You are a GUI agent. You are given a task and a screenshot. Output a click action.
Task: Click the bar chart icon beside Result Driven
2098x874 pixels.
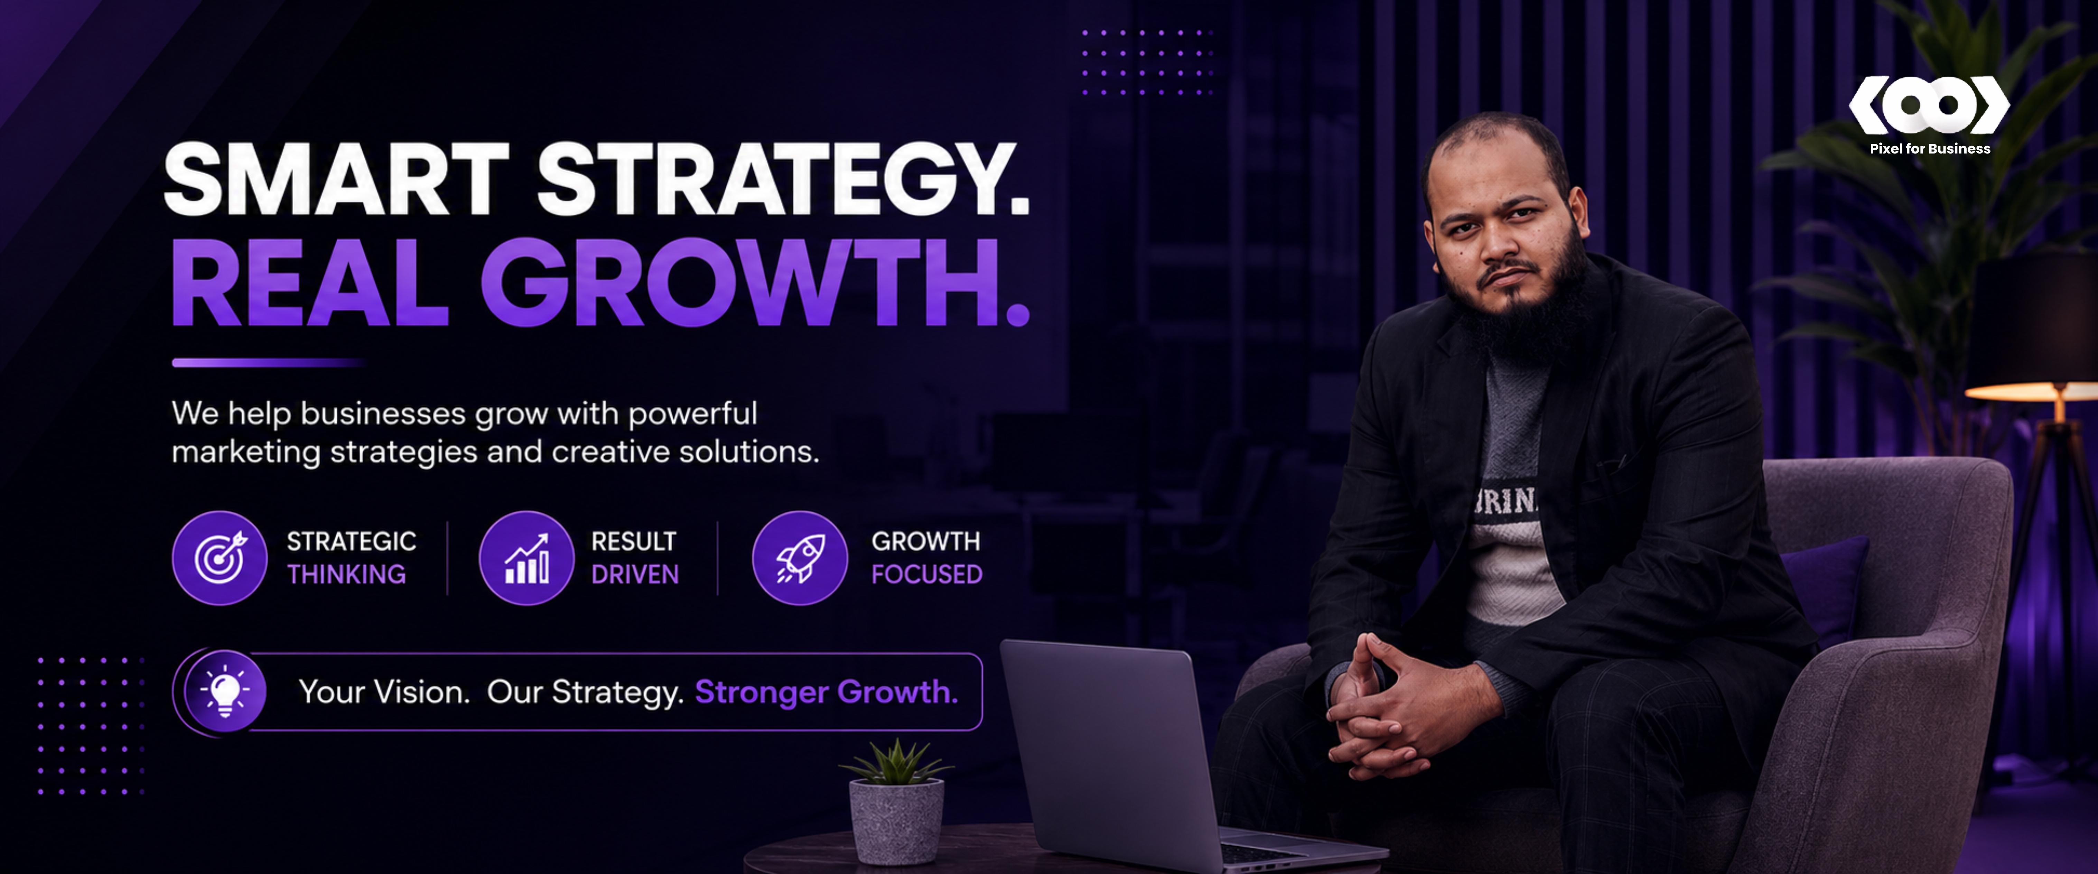click(526, 558)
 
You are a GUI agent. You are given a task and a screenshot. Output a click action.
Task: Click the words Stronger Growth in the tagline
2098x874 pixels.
click(826, 692)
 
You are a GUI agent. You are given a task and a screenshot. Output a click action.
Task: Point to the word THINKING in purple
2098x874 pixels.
click(346, 574)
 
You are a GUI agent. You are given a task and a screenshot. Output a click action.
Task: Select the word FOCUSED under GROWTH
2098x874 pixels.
click(927, 574)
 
